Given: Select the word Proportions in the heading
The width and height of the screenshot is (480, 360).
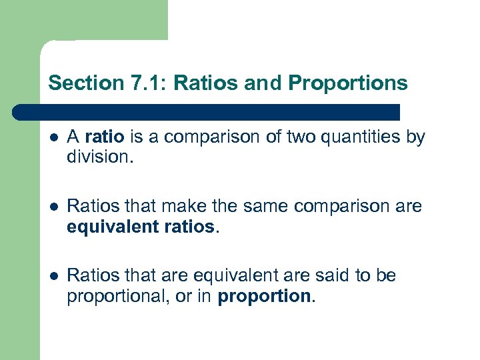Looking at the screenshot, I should [x=347, y=83].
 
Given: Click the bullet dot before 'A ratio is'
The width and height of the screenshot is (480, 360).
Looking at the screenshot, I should [x=53, y=137].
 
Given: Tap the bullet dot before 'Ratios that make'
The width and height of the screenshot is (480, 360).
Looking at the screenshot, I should [x=53, y=207].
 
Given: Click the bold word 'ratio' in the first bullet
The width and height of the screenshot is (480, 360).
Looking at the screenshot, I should [x=105, y=137].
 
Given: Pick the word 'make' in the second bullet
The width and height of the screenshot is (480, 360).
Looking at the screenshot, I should [x=174, y=207].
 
